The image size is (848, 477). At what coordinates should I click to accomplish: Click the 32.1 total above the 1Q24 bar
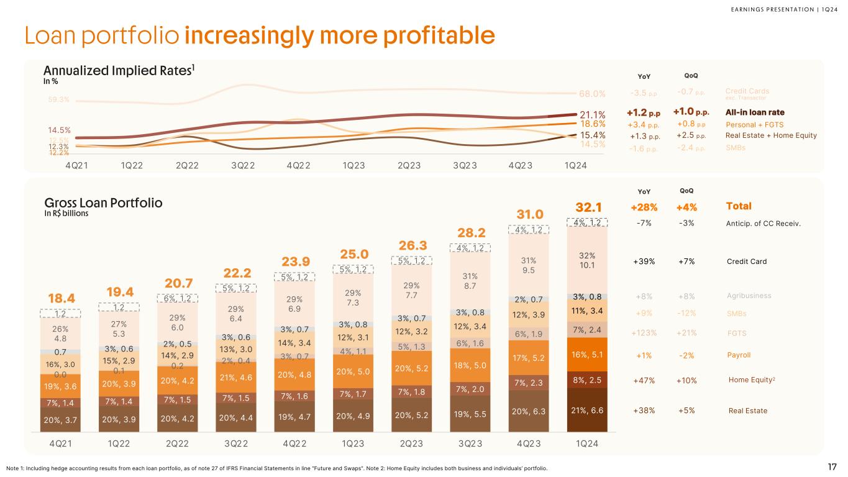tap(588, 206)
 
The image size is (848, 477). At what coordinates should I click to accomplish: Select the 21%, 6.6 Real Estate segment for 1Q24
tap(588, 410)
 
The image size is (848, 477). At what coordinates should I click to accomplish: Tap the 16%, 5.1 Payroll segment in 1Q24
tap(588, 355)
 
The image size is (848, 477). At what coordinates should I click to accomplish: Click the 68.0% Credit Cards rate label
tap(593, 94)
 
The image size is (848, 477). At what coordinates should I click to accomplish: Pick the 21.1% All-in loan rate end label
tap(593, 114)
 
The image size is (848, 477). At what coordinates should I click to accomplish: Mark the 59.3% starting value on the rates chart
tap(59, 99)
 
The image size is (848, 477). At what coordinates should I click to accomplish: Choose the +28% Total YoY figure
tap(643, 206)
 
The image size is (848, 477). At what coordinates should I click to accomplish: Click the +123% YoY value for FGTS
tap(643, 333)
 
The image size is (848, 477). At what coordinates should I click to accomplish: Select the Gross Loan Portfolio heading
tap(103, 203)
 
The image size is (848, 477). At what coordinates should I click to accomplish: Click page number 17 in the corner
tap(831, 468)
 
